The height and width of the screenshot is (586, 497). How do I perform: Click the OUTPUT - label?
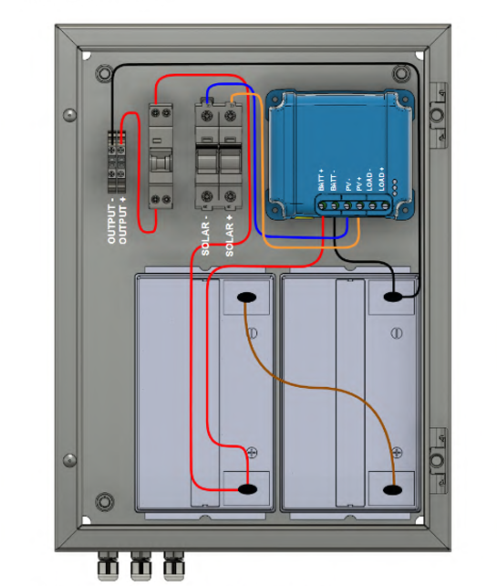(x=111, y=224)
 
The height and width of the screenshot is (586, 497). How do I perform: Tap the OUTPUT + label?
(x=122, y=220)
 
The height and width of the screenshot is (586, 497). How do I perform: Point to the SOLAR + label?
(x=229, y=235)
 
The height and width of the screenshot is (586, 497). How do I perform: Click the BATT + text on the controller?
(x=321, y=180)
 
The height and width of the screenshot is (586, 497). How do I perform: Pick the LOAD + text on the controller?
(x=381, y=179)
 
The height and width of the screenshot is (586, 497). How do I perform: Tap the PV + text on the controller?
(x=359, y=183)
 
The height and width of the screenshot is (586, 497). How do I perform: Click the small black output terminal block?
(x=117, y=162)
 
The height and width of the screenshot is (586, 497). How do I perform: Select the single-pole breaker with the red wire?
(x=160, y=156)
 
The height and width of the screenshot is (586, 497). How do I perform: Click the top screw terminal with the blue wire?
(x=207, y=116)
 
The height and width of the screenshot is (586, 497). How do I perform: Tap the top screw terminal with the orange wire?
(x=230, y=116)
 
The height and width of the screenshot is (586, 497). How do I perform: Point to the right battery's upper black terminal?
(x=393, y=298)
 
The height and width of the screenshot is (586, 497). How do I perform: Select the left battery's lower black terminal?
(x=247, y=489)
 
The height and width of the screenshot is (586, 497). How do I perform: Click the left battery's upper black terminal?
(x=247, y=298)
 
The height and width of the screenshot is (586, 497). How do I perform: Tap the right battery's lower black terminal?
(x=392, y=489)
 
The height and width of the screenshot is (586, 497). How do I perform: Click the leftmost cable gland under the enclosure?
(x=108, y=565)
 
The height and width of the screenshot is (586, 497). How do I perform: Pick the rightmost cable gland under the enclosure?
(x=173, y=565)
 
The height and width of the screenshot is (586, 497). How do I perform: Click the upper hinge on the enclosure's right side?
(x=437, y=116)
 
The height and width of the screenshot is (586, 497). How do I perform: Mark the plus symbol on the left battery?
(x=253, y=453)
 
